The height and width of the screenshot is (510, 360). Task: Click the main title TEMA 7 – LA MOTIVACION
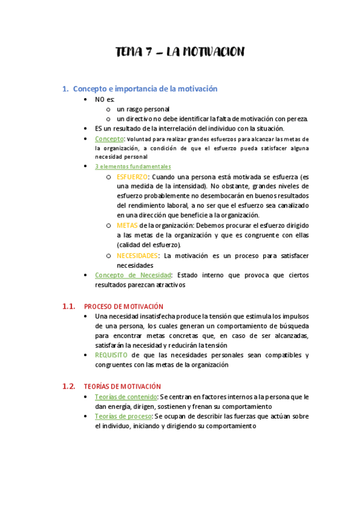pos(180,52)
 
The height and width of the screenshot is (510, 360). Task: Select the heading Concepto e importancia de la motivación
pos(145,89)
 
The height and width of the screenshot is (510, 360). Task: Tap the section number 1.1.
pos(69,306)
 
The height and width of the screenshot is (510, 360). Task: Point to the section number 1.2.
pos(69,386)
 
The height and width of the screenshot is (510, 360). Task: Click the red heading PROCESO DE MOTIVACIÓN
pos(124,307)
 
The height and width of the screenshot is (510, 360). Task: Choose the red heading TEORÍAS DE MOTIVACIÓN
pos(123,387)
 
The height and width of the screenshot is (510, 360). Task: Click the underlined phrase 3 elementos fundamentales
pos(133,167)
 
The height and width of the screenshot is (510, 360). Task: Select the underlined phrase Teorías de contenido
pos(125,397)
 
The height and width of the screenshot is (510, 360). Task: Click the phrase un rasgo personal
pos(143,109)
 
